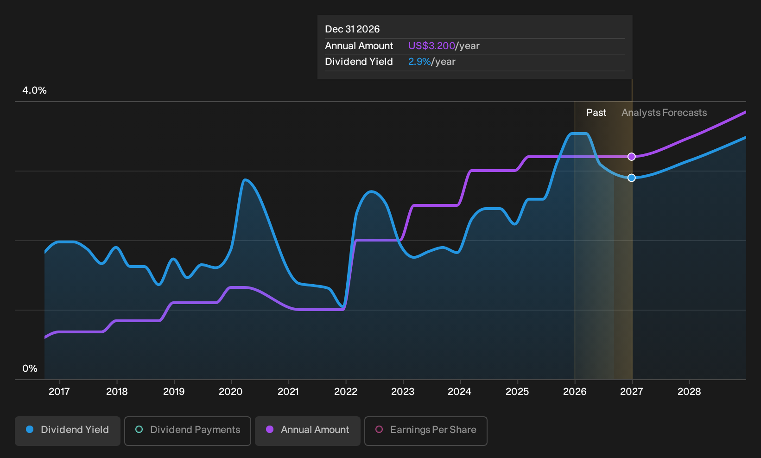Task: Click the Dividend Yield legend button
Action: (x=68, y=431)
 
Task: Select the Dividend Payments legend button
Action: (x=188, y=431)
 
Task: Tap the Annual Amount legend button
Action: (x=307, y=431)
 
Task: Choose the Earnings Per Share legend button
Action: (x=425, y=431)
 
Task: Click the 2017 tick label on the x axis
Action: (x=59, y=392)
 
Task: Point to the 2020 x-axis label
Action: (x=231, y=392)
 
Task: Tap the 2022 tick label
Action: (x=345, y=392)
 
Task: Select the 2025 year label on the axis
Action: (x=517, y=392)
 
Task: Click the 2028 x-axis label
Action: (x=689, y=392)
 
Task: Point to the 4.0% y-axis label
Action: (x=34, y=90)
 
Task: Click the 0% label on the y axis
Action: (x=30, y=369)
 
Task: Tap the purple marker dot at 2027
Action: (x=632, y=157)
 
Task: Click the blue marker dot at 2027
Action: (x=632, y=178)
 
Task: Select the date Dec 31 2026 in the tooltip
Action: (x=352, y=29)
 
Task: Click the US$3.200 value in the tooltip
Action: (x=431, y=46)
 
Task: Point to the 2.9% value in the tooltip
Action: (x=419, y=62)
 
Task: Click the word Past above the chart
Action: (x=596, y=113)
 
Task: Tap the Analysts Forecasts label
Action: (x=664, y=113)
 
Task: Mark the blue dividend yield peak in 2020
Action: (x=245, y=180)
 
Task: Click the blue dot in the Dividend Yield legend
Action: (x=30, y=429)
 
